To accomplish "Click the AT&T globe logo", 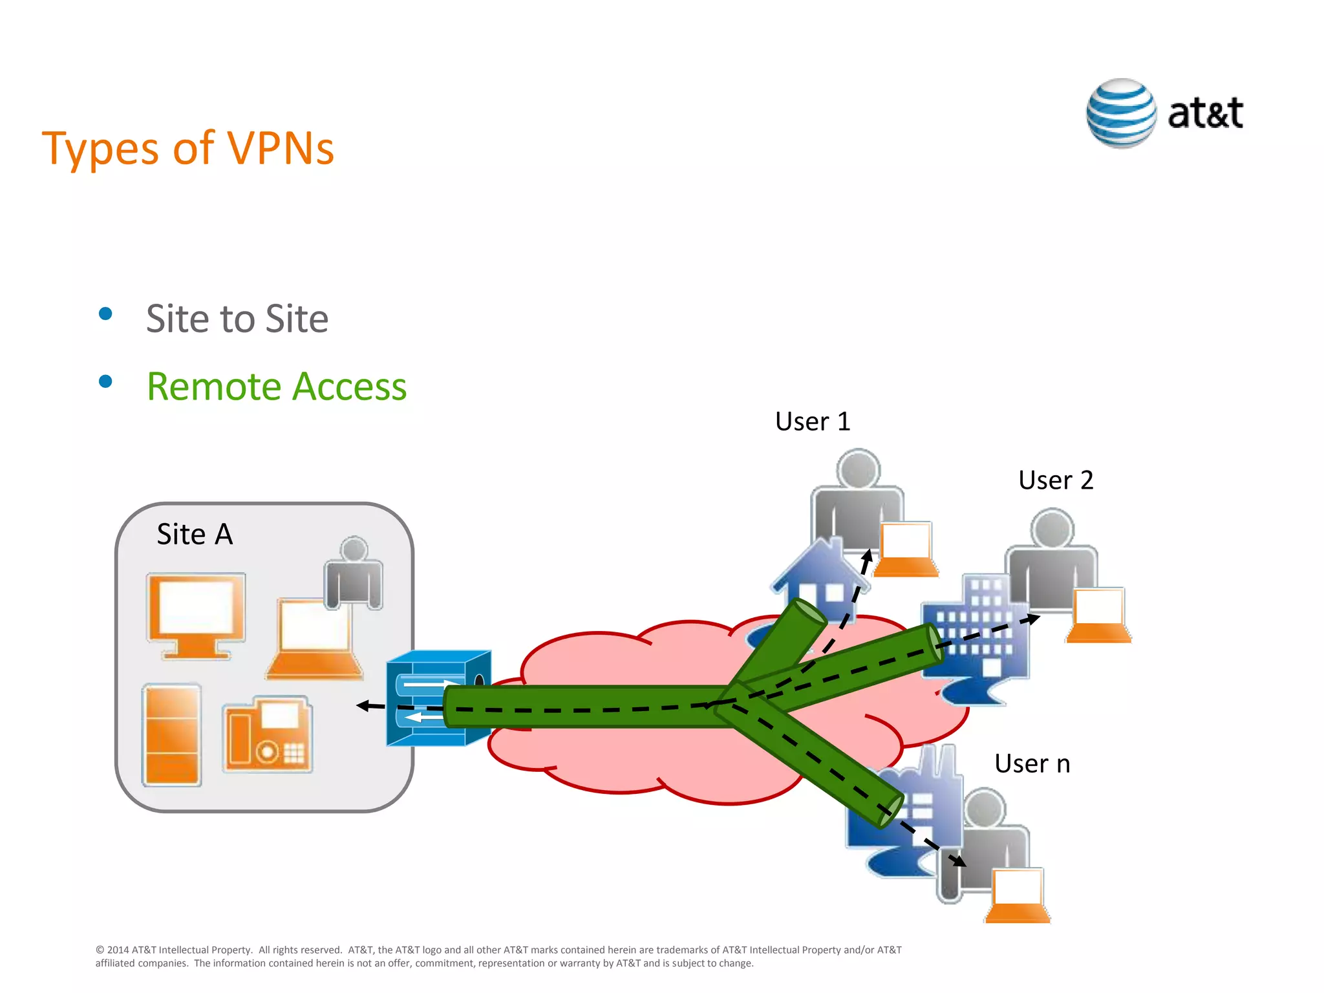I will click(1121, 114).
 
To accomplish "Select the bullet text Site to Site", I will click(237, 319).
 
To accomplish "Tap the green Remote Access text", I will click(276, 387).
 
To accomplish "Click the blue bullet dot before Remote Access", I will click(105, 381).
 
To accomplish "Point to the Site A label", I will click(195, 535).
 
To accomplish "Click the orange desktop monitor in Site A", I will click(195, 614).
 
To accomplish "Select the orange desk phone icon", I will click(268, 735).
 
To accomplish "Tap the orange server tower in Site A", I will click(172, 735).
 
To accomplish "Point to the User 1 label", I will click(813, 422).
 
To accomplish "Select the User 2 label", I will click(1056, 480).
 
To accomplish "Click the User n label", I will click(1032, 764).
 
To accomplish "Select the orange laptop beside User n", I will click(1018, 895).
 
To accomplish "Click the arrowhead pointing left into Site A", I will click(363, 706).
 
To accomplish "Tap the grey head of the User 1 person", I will click(858, 469).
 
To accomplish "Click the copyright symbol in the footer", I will click(100, 950).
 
